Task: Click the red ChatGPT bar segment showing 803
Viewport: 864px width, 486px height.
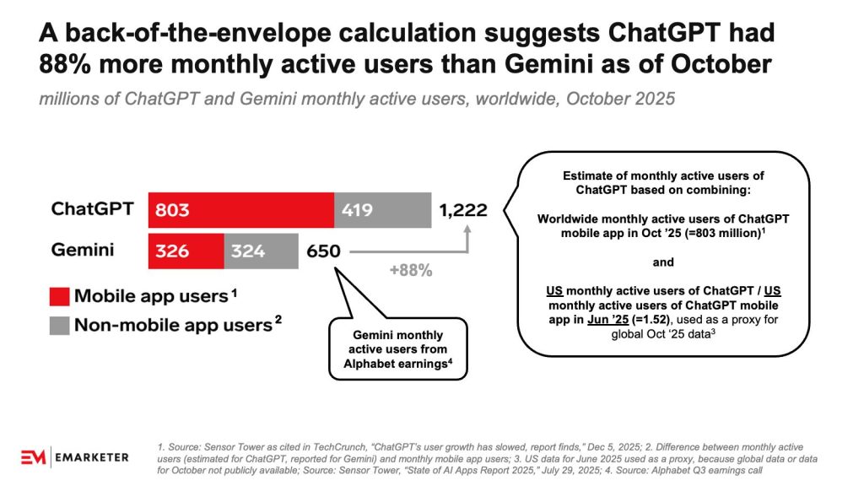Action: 241,209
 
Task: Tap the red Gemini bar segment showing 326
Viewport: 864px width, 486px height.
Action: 186,251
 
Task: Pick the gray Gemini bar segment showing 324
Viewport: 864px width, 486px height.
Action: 261,251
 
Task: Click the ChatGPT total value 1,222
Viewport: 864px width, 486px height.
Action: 462,209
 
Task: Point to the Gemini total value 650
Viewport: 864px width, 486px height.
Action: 324,251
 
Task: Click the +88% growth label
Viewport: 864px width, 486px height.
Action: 412,271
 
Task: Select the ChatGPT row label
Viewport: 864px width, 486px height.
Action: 92,208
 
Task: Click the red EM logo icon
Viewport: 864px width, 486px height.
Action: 35,457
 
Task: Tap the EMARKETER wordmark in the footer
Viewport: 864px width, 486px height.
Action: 92,457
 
